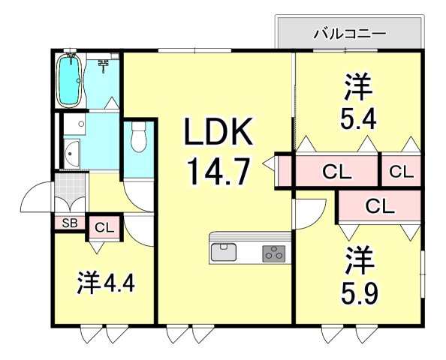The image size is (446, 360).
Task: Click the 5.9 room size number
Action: coord(360,289)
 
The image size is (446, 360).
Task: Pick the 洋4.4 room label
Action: coord(104,286)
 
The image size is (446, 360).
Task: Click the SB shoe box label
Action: coord(69,223)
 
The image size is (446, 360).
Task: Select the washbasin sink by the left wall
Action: coord(72,154)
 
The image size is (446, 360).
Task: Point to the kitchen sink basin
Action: coord(224,252)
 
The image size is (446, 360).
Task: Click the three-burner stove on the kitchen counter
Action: coord(274,253)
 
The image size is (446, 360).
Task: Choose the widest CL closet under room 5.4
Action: coord(337,172)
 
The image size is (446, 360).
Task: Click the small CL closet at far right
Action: coord(401,172)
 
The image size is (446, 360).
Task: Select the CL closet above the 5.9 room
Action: coord(378,204)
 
